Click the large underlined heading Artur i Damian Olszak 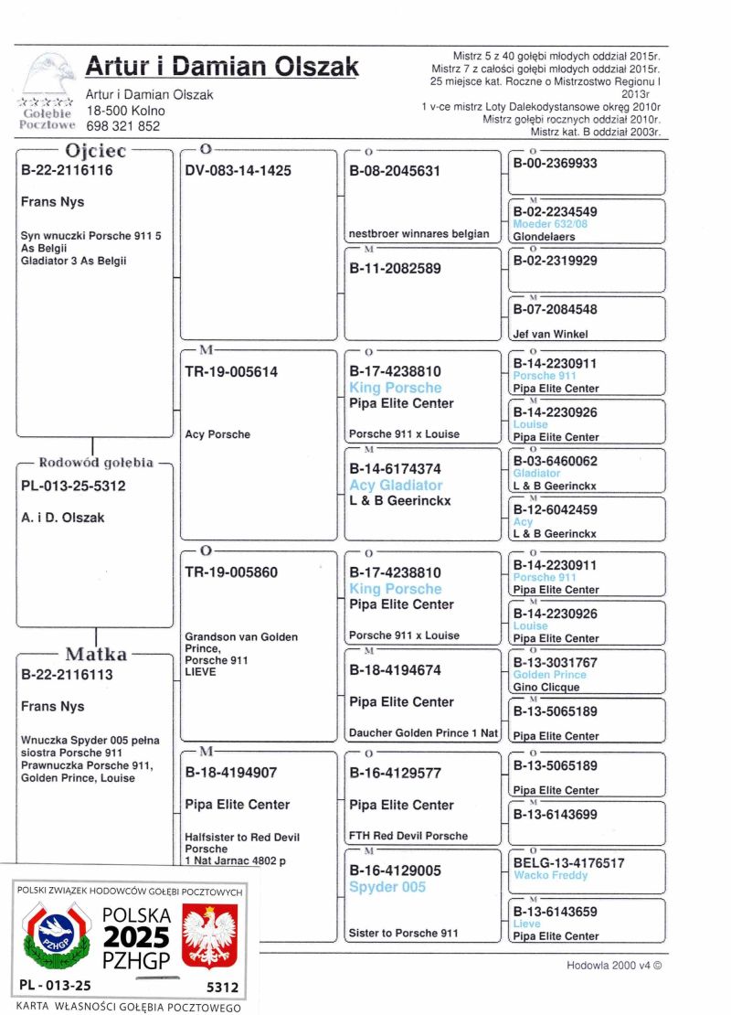pos(222,67)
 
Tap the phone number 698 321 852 pos(122,126)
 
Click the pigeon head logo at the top pos(48,74)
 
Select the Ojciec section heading pos(95,152)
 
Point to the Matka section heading pos(95,655)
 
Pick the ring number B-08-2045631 pos(395,171)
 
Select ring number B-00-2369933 pos(555,164)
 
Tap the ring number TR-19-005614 pos(231,372)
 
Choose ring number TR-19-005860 pos(231,573)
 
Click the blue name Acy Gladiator pos(396,486)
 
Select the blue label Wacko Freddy pos(550,875)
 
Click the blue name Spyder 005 pos(387,887)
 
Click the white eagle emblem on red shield pos(210,935)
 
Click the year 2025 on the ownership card pos(135,937)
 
